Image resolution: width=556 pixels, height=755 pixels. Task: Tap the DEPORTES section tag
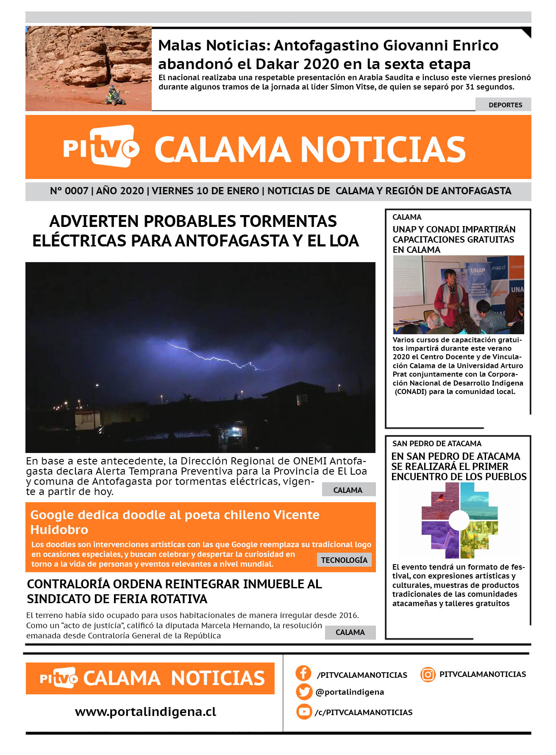click(x=505, y=105)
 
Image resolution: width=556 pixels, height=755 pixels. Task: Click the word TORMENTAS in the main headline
click(x=288, y=221)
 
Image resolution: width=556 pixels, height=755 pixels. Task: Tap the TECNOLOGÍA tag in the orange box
click(x=344, y=560)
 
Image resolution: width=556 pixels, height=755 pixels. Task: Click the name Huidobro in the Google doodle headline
click(x=59, y=530)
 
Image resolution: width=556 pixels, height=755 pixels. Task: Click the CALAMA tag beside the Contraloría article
click(x=350, y=632)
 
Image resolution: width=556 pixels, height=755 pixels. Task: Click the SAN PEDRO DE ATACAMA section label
click(x=436, y=444)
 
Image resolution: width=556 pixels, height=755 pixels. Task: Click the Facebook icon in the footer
click(x=303, y=673)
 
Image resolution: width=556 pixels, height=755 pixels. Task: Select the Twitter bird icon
click(x=304, y=692)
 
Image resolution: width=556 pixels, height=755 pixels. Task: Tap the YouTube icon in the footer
click(x=304, y=711)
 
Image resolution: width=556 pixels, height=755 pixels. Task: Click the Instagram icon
click(x=428, y=674)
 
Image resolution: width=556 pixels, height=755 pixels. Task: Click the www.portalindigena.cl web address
click(x=145, y=711)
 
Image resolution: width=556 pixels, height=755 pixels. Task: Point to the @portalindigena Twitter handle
click(x=350, y=692)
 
